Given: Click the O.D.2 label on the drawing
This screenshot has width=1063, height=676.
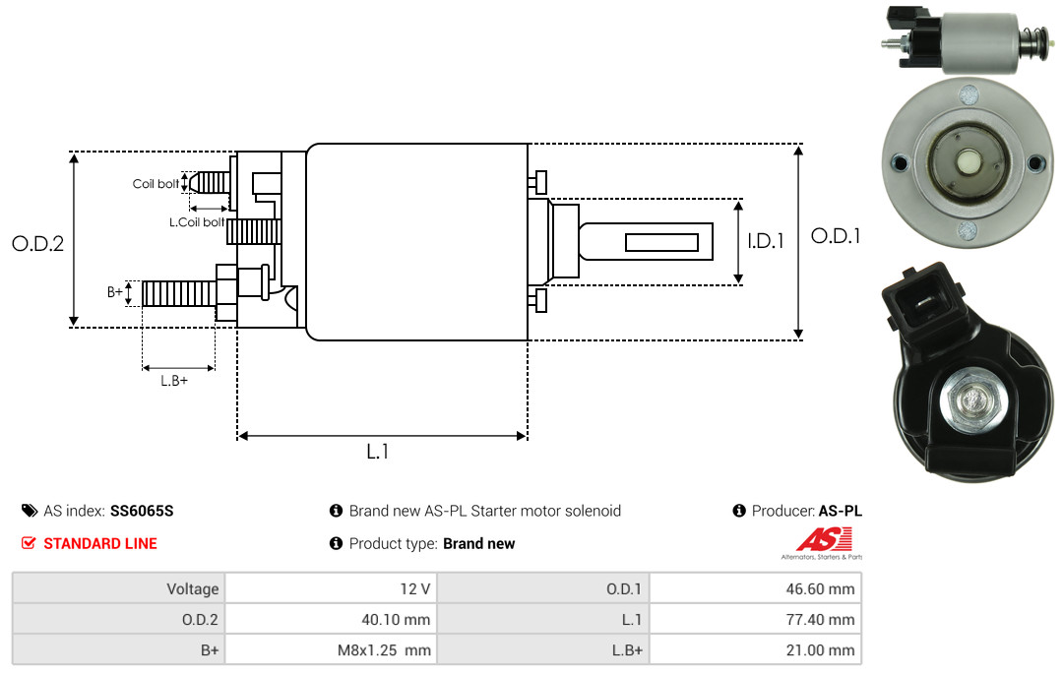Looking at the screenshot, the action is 38,243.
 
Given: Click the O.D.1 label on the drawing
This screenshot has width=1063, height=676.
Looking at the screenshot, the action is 836,236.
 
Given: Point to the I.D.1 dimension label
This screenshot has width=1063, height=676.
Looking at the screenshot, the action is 766,241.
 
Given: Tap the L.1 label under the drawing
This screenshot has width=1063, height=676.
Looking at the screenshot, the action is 378,451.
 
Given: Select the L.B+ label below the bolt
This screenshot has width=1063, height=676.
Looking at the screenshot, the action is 174,381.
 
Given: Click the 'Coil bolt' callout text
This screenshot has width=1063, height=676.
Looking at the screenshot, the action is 156,184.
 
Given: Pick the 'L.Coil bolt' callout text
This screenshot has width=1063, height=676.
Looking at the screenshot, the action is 197,221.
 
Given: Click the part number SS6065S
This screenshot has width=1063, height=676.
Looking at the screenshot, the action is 142,511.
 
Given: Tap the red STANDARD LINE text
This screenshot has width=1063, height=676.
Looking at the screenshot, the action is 100,543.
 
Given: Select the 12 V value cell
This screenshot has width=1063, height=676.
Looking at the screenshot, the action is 331,588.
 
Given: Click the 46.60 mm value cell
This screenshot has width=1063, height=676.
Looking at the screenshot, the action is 755,588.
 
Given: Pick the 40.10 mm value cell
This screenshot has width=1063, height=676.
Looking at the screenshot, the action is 331,619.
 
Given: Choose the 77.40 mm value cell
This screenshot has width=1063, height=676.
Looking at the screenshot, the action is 755,619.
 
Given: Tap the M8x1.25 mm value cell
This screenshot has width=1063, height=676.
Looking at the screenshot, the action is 331,649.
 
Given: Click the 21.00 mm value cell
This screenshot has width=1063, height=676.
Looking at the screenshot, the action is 755,649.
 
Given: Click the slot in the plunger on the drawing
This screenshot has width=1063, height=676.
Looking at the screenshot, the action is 661,243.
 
